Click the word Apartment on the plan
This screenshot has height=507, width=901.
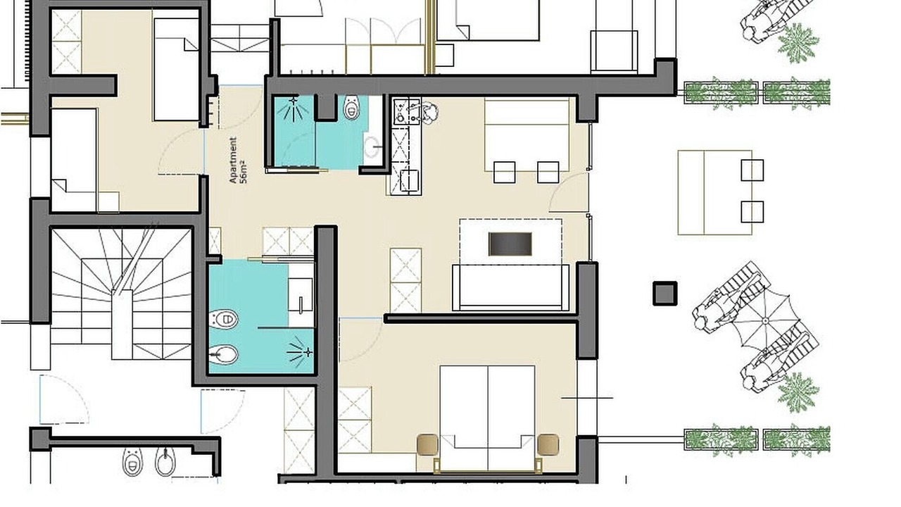pos(233,160)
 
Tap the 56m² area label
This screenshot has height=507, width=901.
pos(243,172)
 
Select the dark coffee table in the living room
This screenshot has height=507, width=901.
pos(510,244)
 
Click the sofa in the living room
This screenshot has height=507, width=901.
pos(510,287)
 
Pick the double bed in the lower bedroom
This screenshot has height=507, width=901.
pos(488,418)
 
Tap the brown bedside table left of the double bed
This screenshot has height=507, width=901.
pos(427,444)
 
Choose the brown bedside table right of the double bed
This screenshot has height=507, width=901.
pos(548,444)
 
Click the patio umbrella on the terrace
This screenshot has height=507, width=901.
pos(765,320)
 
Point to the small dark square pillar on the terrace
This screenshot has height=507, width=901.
pos(664,294)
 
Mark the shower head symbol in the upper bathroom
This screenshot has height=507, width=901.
pos(294,108)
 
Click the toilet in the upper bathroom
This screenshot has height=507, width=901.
pos(351,108)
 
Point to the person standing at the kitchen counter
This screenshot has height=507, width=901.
pos(428,113)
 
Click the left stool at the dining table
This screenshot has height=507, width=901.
pos(505,173)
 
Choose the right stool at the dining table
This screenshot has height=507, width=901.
pos(548,173)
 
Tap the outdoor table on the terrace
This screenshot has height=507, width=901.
pos(714,192)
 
